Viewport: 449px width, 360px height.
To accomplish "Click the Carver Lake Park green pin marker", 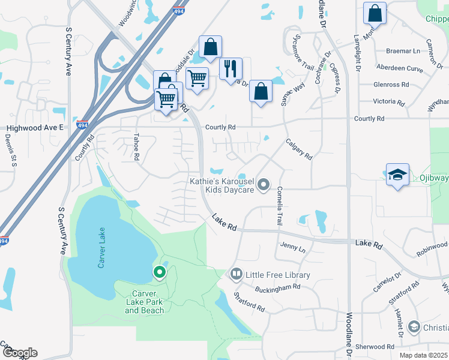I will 160,272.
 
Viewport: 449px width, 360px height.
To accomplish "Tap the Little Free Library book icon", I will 236,275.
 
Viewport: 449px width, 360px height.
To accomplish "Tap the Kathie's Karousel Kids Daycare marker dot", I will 264,188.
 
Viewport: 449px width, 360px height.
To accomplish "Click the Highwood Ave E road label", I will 35,128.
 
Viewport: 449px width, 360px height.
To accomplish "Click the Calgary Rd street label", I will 299,149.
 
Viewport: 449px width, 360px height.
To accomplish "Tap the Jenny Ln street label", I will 293,247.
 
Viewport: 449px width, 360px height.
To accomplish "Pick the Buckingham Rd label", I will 277,287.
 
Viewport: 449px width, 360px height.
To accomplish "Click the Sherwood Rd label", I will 375,347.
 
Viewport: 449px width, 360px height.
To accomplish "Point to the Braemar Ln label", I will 403,52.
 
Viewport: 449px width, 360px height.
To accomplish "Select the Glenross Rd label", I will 391,85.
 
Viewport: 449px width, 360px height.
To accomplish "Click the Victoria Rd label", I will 388,101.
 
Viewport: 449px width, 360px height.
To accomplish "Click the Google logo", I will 19,353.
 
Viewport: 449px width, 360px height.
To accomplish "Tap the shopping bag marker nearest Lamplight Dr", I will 375,12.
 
